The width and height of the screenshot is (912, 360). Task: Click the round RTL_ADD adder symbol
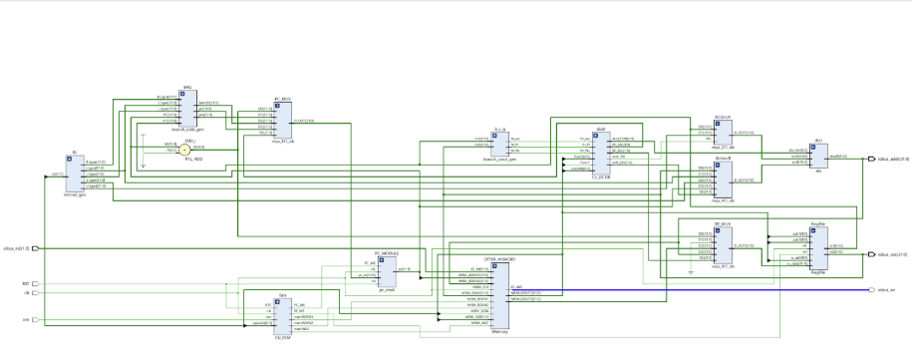tap(186, 148)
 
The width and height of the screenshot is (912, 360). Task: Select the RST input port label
tap(26, 283)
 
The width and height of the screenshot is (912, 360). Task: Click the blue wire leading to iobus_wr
tap(698, 290)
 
